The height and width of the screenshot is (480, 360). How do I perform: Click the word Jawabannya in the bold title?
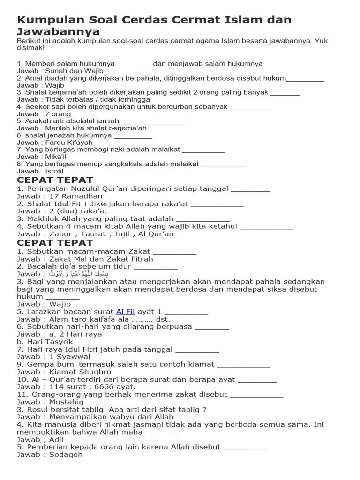point(58,32)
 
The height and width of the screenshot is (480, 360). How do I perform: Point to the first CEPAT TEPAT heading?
point(55,180)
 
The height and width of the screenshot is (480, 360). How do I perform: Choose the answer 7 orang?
point(58,114)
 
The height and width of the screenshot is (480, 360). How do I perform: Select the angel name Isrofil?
point(54,171)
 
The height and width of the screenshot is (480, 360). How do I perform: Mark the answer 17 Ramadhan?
point(75,196)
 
